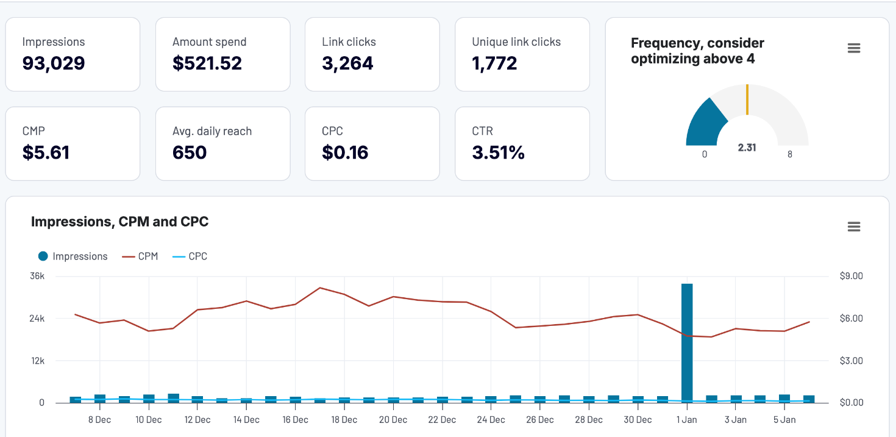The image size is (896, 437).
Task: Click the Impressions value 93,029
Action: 54,63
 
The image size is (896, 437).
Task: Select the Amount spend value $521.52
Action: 207,63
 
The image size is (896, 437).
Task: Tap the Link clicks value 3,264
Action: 347,63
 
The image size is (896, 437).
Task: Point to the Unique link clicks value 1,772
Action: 494,63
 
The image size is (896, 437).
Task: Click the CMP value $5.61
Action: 46,153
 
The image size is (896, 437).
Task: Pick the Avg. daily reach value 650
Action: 190,153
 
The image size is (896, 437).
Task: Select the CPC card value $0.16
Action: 345,153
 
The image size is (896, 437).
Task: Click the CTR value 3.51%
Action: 498,153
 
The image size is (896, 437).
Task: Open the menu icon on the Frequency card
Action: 854,49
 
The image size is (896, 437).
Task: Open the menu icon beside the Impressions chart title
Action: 854,227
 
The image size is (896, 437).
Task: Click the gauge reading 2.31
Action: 747,148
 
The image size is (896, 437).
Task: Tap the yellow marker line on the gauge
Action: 747,99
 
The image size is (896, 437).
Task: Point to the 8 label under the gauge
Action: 790,154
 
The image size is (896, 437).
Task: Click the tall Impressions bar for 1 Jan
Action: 687,342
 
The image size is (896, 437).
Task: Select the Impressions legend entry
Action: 73,256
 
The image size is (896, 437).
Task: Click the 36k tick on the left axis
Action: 37,276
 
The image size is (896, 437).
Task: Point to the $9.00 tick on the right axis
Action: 851,276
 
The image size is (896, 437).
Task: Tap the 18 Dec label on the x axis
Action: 344,420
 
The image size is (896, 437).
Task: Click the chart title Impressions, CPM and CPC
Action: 119,222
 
